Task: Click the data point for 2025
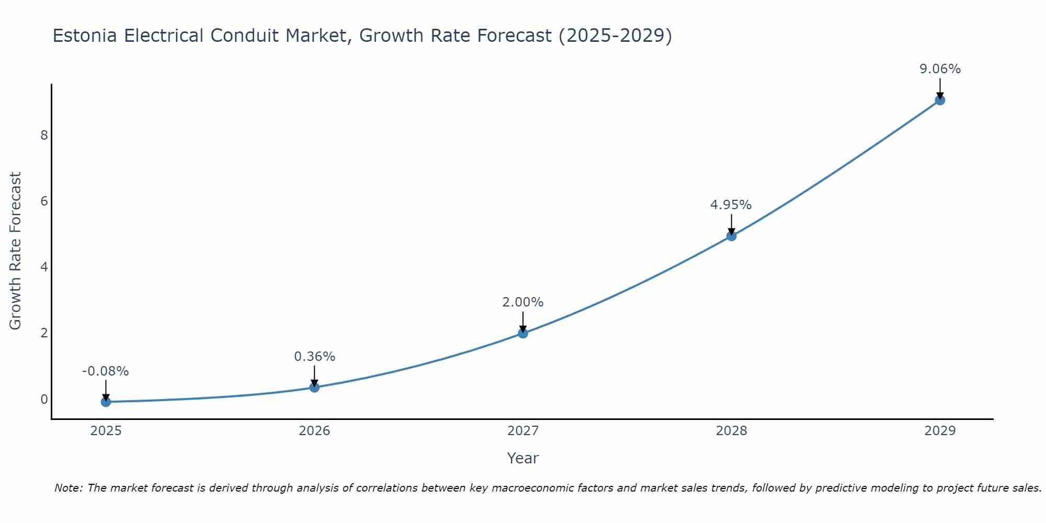[x=106, y=402]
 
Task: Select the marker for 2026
[x=314, y=387]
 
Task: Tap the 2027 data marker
[x=523, y=333]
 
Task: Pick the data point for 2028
[x=731, y=236]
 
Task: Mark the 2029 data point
[x=940, y=100]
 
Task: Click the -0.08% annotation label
[x=105, y=371]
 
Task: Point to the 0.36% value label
[x=314, y=357]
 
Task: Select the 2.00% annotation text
[x=522, y=302]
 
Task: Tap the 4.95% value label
[x=731, y=205]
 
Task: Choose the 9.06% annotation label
[x=940, y=69]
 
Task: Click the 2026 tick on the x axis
[x=314, y=431]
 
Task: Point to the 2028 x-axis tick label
[x=731, y=431]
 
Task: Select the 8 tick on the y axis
[x=44, y=135]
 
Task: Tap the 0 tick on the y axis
[x=44, y=399]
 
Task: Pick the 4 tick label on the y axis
[x=44, y=267]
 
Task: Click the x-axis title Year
[x=522, y=458]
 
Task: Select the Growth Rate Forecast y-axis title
[x=16, y=251]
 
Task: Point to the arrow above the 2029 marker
[x=940, y=87]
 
